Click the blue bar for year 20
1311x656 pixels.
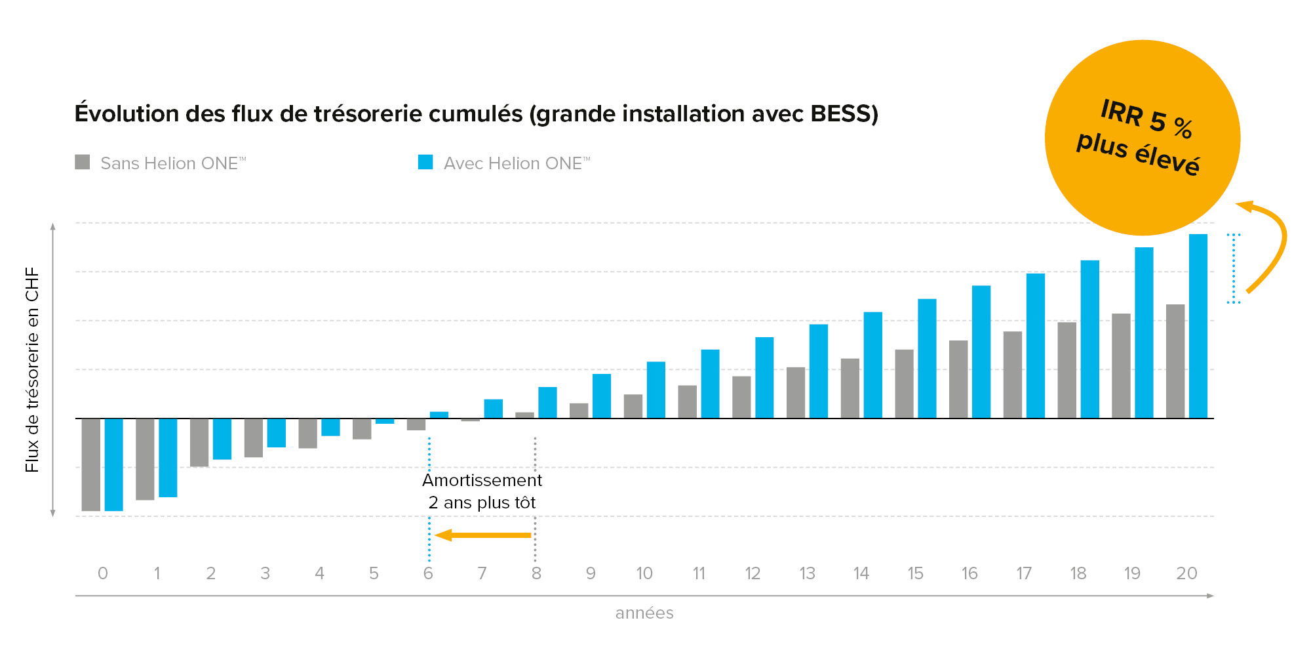tap(1198, 326)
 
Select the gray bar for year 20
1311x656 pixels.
tap(1175, 361)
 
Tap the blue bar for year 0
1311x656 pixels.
tap(113, 464)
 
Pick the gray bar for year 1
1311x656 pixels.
tap(145, 459)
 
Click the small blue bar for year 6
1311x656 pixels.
tap(439, 415)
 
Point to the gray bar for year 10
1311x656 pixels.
tap(633, 406)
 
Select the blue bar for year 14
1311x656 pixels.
tap(872, 365)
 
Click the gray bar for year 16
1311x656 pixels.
tap(958, 379)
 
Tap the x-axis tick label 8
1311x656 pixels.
tap(536, 573)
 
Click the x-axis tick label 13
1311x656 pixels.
tap(807, 573)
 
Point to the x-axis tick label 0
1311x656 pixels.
tap(103, 573)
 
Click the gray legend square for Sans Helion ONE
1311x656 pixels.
tap(83, 162)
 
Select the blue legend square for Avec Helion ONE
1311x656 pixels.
tap(425, 162)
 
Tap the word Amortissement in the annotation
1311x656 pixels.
tap(482, 480)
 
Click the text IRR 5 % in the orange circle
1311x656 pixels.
tap(1146, 118)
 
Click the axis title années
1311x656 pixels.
tap(644, 613)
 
